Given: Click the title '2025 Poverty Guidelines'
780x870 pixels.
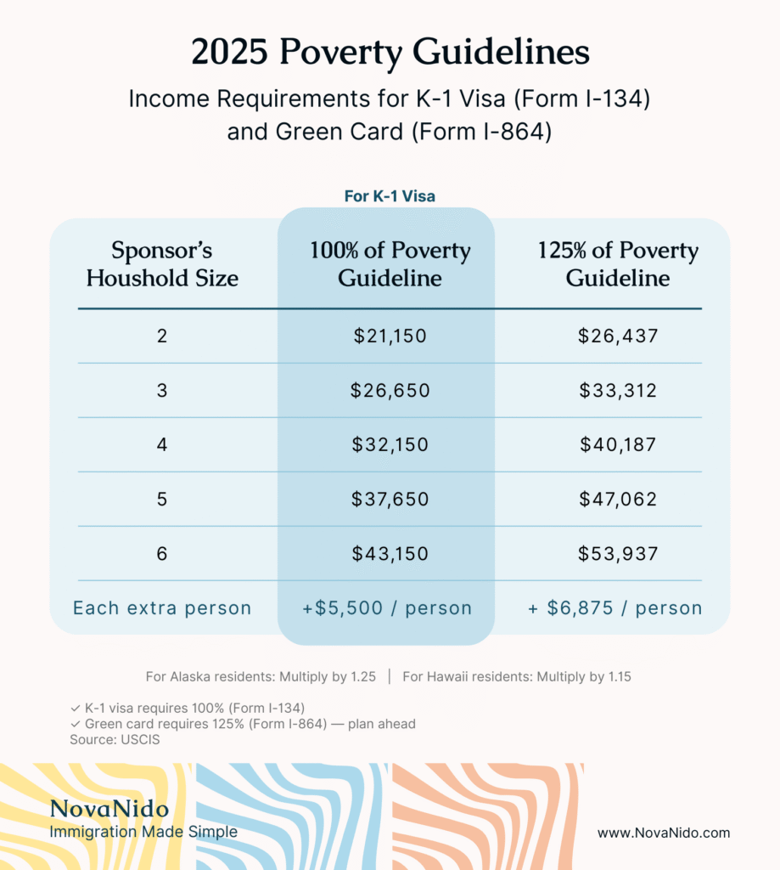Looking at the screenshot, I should pos(390,53).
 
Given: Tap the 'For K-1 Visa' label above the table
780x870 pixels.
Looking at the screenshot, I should pos(390,196).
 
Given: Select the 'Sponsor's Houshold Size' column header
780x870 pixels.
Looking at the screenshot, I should pos(162,264).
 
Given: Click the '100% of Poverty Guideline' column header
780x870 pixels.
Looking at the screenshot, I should pos(390,264).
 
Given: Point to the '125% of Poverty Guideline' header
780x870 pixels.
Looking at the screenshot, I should pos(618,264).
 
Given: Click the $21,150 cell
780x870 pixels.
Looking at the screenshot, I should pos(390,336).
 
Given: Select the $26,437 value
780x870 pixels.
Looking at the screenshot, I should pos(618,336).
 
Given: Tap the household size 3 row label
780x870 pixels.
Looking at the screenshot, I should pos(162,391).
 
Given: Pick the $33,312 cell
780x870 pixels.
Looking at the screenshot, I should pos(618,391).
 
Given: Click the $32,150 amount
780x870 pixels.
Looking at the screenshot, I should pos(390,445).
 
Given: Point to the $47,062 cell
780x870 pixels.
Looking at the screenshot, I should pos(618,499).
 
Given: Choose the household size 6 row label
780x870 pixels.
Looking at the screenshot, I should pos(162,554).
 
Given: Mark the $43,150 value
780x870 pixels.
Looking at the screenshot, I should pos(390,554).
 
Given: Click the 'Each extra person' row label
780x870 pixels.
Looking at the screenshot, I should pos(162,608).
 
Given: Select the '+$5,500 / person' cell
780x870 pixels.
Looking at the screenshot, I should pos(387,608).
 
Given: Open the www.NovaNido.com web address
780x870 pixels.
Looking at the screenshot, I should pos(663,833).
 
